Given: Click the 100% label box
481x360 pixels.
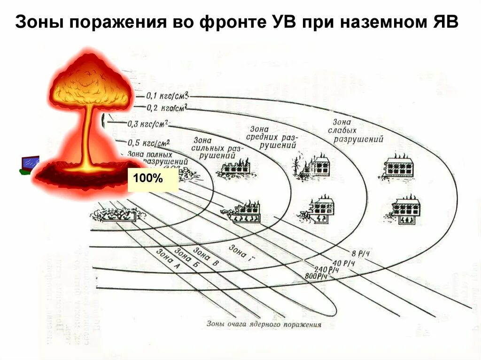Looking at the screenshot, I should [x=153, y=180].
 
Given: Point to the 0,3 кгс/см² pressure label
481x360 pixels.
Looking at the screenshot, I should [x=148, y=124].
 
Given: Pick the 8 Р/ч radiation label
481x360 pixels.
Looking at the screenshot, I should [x=358, y=253].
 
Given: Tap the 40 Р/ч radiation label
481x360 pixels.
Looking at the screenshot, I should [x=343, y=262].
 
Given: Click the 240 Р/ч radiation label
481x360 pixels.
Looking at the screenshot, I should [x=327, y=269].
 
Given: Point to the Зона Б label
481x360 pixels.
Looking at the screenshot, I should [x=186, y=258].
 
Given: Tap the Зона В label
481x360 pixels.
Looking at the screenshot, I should [x=206, y=257].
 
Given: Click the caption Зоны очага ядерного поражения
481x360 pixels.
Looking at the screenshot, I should [x=264, y=324].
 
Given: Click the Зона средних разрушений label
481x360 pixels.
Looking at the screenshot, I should [x=272, y=137].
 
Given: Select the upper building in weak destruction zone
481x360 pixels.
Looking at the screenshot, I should [x=398, y=167].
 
